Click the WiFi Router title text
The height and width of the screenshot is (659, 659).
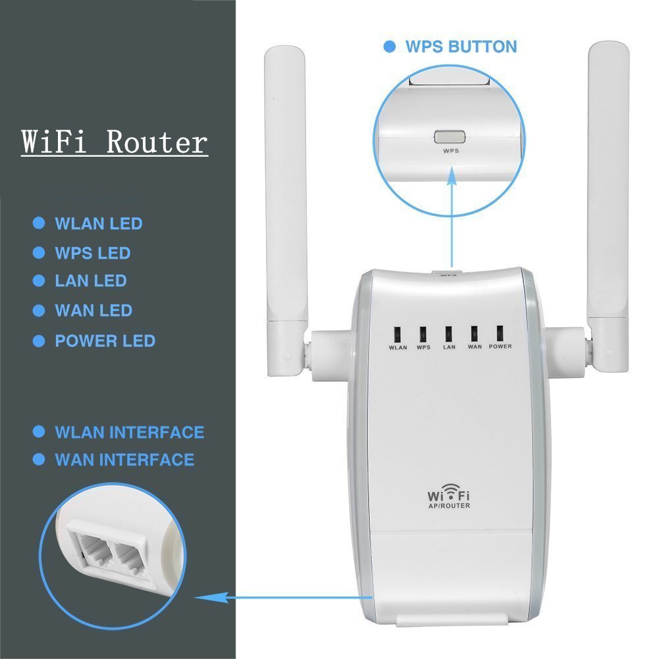[x=115, y=142]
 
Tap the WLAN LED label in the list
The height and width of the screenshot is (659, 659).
[x=98, y=224]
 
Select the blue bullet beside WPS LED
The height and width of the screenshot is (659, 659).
[x=39, y=253]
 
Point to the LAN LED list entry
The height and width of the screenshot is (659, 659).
[x=90, y=281]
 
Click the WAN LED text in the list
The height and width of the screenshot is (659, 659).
[x=93, y=310]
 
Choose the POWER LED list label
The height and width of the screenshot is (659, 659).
[x=105, y=341]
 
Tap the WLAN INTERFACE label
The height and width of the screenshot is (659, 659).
[x=129, y=433]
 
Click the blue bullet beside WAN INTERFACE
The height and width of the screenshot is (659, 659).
[x=39, y=459]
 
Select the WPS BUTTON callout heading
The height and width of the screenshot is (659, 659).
[x=460, y=47]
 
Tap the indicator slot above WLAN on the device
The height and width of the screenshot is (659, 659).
[x=398, y=334]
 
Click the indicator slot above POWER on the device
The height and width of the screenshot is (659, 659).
[x=500, y=332]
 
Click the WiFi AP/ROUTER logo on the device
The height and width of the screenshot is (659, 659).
[x=449, y=496]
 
